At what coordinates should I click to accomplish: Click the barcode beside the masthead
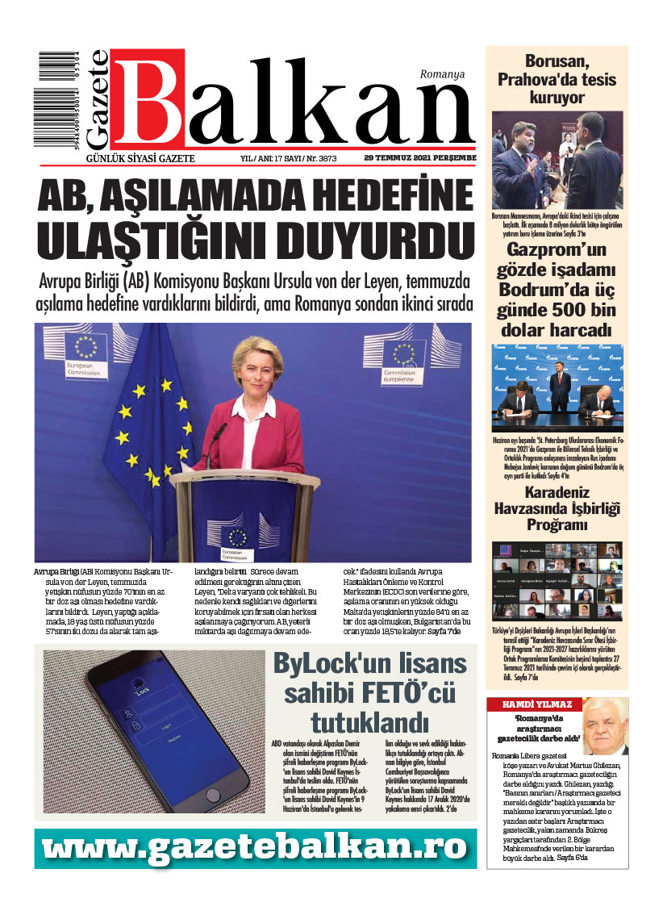click(64, 101)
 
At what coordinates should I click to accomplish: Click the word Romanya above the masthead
click(442, 74)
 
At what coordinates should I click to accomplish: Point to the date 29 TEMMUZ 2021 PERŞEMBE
click(419, 158)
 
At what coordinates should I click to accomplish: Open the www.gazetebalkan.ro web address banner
click(255, 848)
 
